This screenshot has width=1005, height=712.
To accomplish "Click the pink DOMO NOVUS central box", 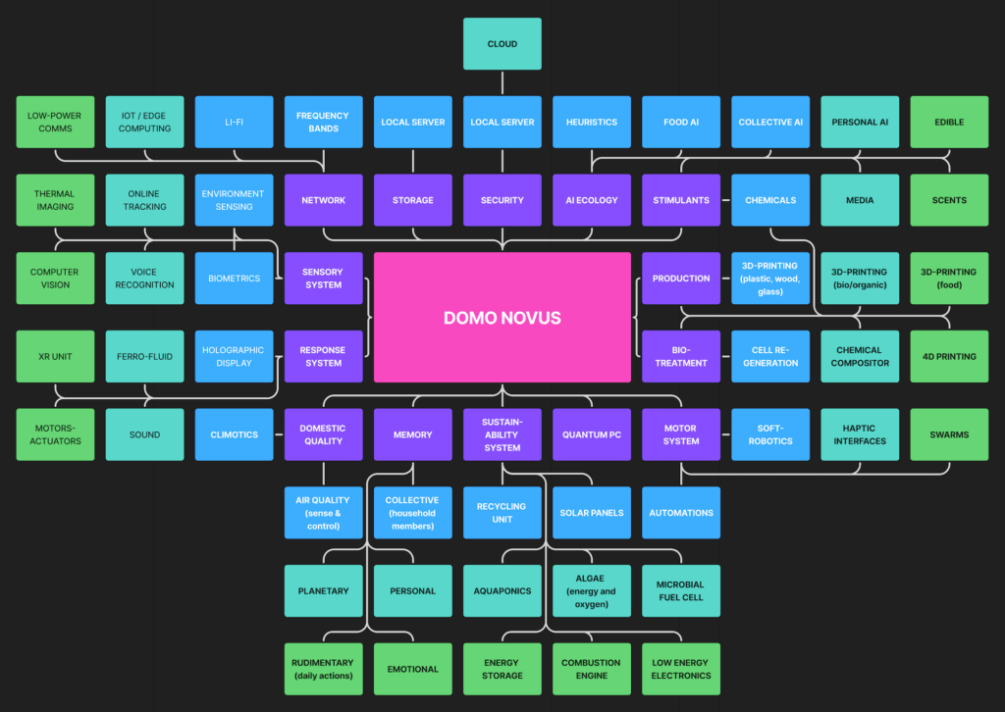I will point(502,317).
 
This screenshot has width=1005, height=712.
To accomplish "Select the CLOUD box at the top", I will point(502,44).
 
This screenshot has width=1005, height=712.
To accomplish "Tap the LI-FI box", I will point(234,122).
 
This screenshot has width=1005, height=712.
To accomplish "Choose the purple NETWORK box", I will point(323,200).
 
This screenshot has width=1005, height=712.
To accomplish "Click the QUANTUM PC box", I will point(591,434).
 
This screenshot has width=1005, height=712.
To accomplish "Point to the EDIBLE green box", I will point(948,122).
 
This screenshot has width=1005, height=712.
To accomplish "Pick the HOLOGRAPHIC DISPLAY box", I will point(234,356).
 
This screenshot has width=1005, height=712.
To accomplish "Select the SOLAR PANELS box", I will point(591,512).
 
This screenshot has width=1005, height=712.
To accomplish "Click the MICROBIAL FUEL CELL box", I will point(680,590).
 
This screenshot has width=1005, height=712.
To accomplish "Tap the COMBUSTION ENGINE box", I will point(591,669).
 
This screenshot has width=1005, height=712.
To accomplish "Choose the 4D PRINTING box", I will point(948,356).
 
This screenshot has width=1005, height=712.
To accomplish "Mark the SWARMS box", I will point(948,434).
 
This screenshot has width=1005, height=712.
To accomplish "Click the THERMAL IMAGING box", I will point(55,200).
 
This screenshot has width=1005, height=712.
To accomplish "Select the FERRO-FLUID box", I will point(144,356).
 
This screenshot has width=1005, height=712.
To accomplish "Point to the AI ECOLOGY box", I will point(591,200).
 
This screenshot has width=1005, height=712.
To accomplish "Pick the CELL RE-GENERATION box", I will point(769,356).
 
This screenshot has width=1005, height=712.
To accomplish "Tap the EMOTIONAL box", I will point(412,669).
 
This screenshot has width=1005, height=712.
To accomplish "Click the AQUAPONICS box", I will point(502,590).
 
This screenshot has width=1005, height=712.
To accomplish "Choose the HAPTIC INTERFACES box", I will point(859,434).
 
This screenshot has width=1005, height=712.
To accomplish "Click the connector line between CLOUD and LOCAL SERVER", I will point(502,83).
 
